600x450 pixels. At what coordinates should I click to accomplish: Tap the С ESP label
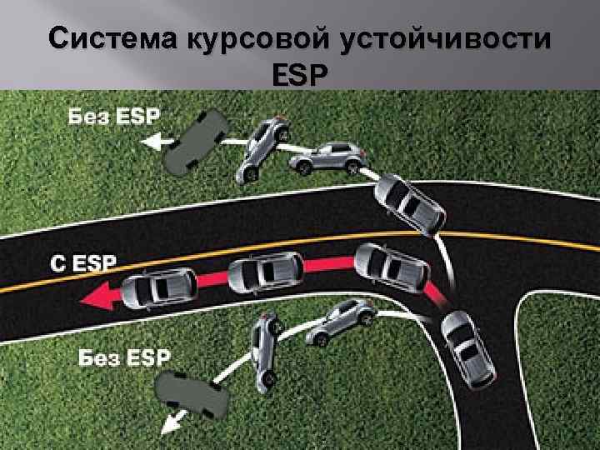(84, 263)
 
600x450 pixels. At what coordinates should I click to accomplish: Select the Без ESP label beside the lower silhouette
(125, 358)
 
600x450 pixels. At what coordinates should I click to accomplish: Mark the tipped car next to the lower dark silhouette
(266, 351)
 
